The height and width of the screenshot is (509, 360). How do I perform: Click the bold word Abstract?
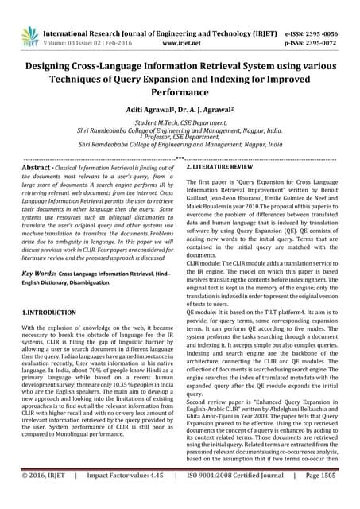pyautogui.click(x=36, y=169)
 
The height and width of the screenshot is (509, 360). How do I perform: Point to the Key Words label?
pyautogui.click(x=38, y=272)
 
